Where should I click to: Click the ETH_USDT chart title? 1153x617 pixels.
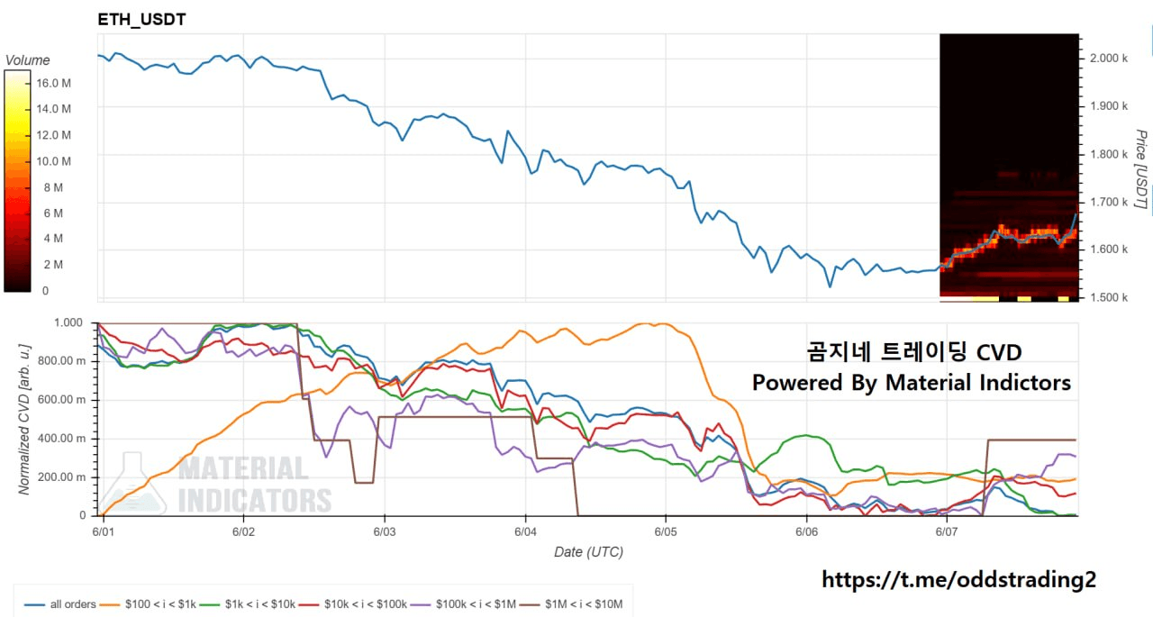tap(141, 20)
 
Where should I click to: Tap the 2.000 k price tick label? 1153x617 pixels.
tap(1108, 59)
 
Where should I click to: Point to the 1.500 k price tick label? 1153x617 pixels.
tap(1108, 297)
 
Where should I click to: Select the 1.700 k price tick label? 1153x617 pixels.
tap(1108, 202)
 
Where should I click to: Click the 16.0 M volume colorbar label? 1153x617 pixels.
tap(53, 84)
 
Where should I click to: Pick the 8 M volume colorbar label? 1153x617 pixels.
tap(53, 187)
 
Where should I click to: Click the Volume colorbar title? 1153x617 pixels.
tap(27, 60)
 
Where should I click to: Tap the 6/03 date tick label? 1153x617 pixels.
tap(385, 531)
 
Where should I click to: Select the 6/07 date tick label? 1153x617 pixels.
tap(947, 531)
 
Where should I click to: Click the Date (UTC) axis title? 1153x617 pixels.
tap(588, 552)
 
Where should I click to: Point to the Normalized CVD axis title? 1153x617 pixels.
tap(23, 420)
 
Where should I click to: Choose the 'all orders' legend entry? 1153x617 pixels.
tap(60, 604)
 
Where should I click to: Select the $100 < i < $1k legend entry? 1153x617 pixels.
tap(148, 604)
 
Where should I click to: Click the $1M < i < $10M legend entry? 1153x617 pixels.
tap(571, 604)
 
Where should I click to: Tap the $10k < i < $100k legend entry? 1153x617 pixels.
tap(353, 604)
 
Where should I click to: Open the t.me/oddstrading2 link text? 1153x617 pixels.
tap(959, 580)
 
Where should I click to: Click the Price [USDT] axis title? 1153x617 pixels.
tap(1141, 169)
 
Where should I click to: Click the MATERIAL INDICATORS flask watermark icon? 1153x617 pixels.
tap(132, 484)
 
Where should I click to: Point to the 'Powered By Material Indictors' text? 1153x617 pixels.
tap(911, 383)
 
